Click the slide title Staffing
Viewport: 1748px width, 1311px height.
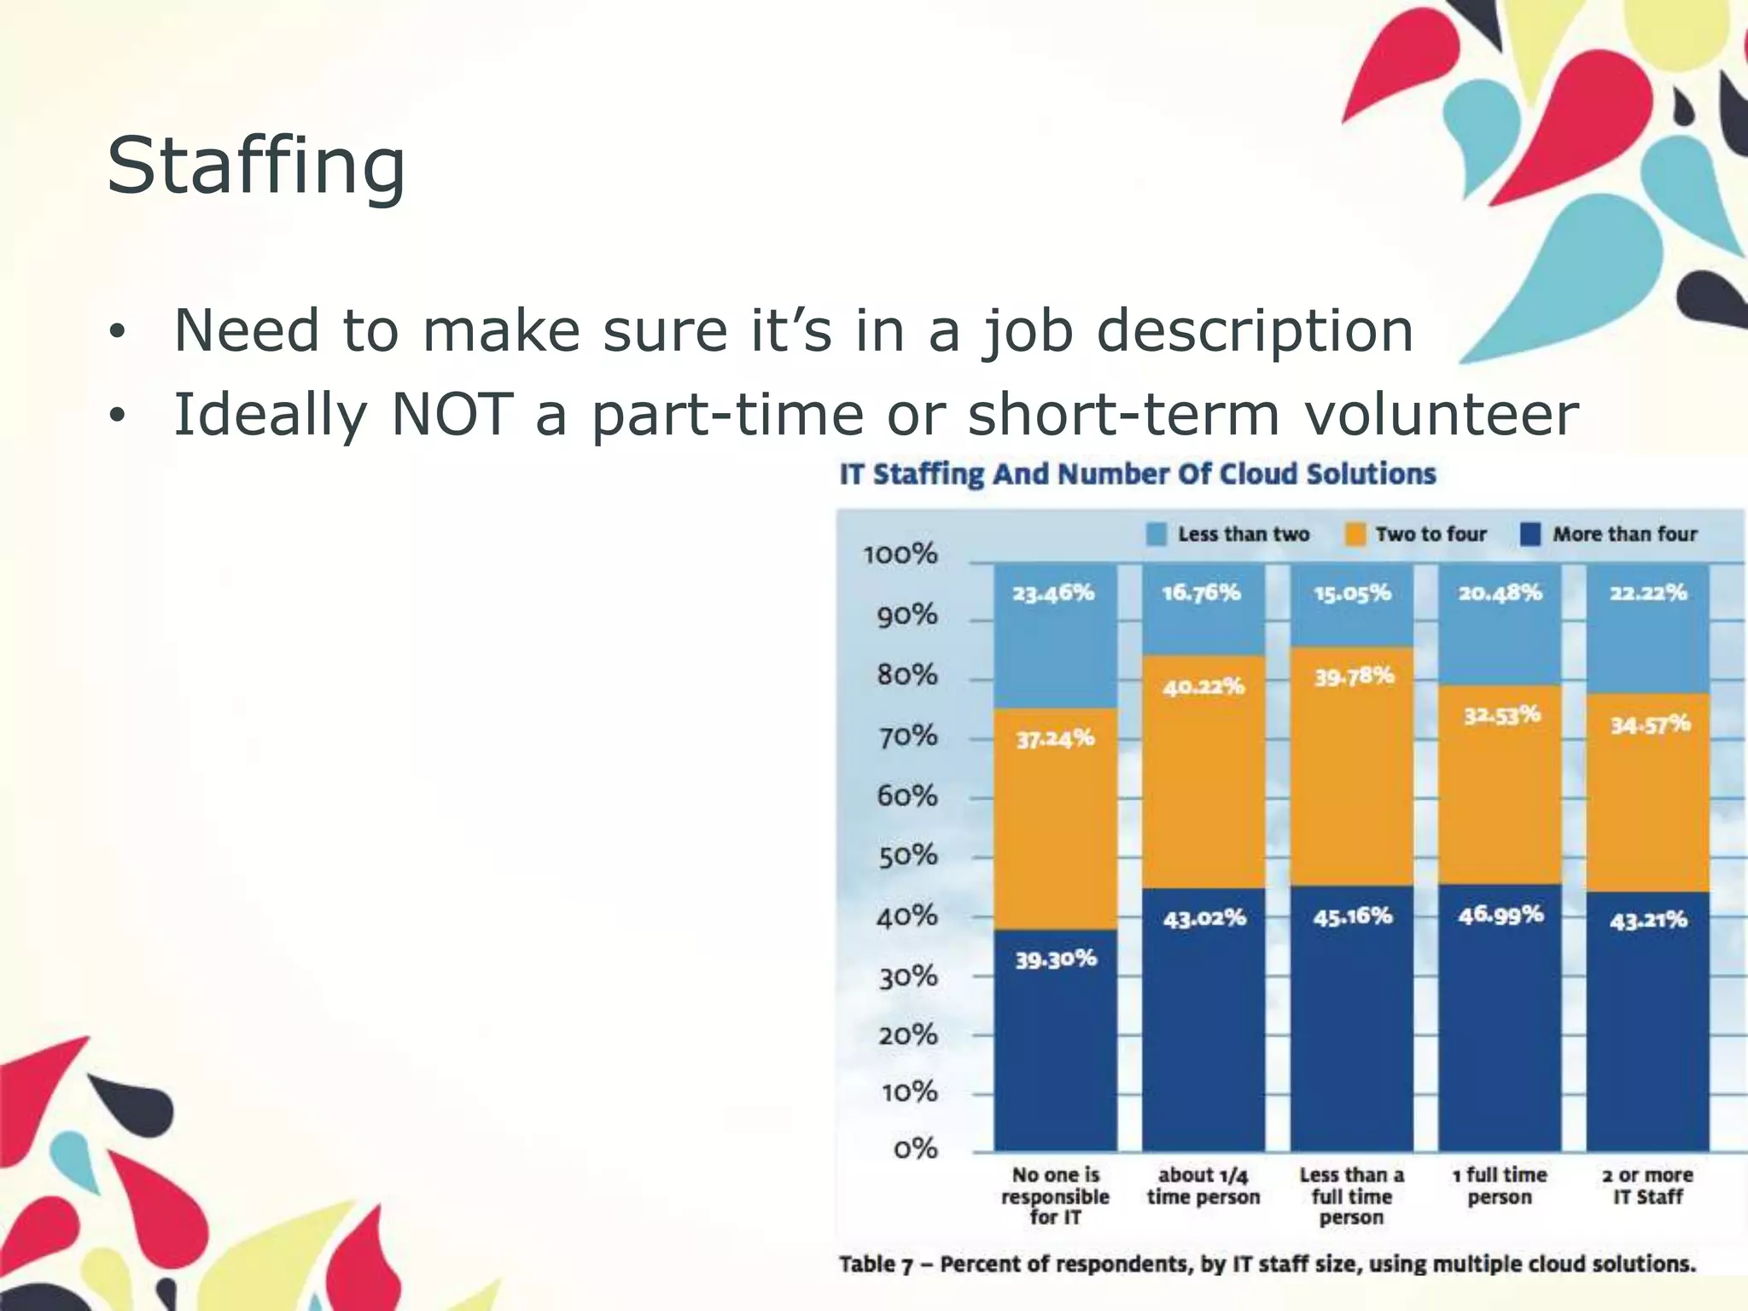pos(256,166)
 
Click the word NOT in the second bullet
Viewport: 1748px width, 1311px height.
pos(452,415)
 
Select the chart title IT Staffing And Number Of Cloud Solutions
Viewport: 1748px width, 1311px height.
pos(1138,475)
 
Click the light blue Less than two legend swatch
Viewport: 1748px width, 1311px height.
pos(1157,535)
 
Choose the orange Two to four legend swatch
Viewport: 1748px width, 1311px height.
pos(1355,535)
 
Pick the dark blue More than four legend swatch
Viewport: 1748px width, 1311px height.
pos(1531,535)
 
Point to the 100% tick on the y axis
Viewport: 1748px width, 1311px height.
pos(900,555)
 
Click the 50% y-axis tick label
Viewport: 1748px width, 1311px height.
pos(908,856)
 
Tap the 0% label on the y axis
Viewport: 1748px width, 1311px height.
pos(916,1149)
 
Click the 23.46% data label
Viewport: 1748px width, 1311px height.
pos(1054,593)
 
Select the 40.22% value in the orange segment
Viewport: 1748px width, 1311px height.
pos(1203,687)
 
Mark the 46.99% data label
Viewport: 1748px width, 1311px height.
pos(1500,915)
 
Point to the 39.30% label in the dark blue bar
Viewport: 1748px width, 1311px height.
pos(1056,960)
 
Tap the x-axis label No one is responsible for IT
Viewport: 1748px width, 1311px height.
pos(1056,1196)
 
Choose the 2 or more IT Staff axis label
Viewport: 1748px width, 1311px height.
pos(1647,1186)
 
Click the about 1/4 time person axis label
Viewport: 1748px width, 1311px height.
pos(1203,1186)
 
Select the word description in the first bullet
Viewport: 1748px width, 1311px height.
pos(1255,331)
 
